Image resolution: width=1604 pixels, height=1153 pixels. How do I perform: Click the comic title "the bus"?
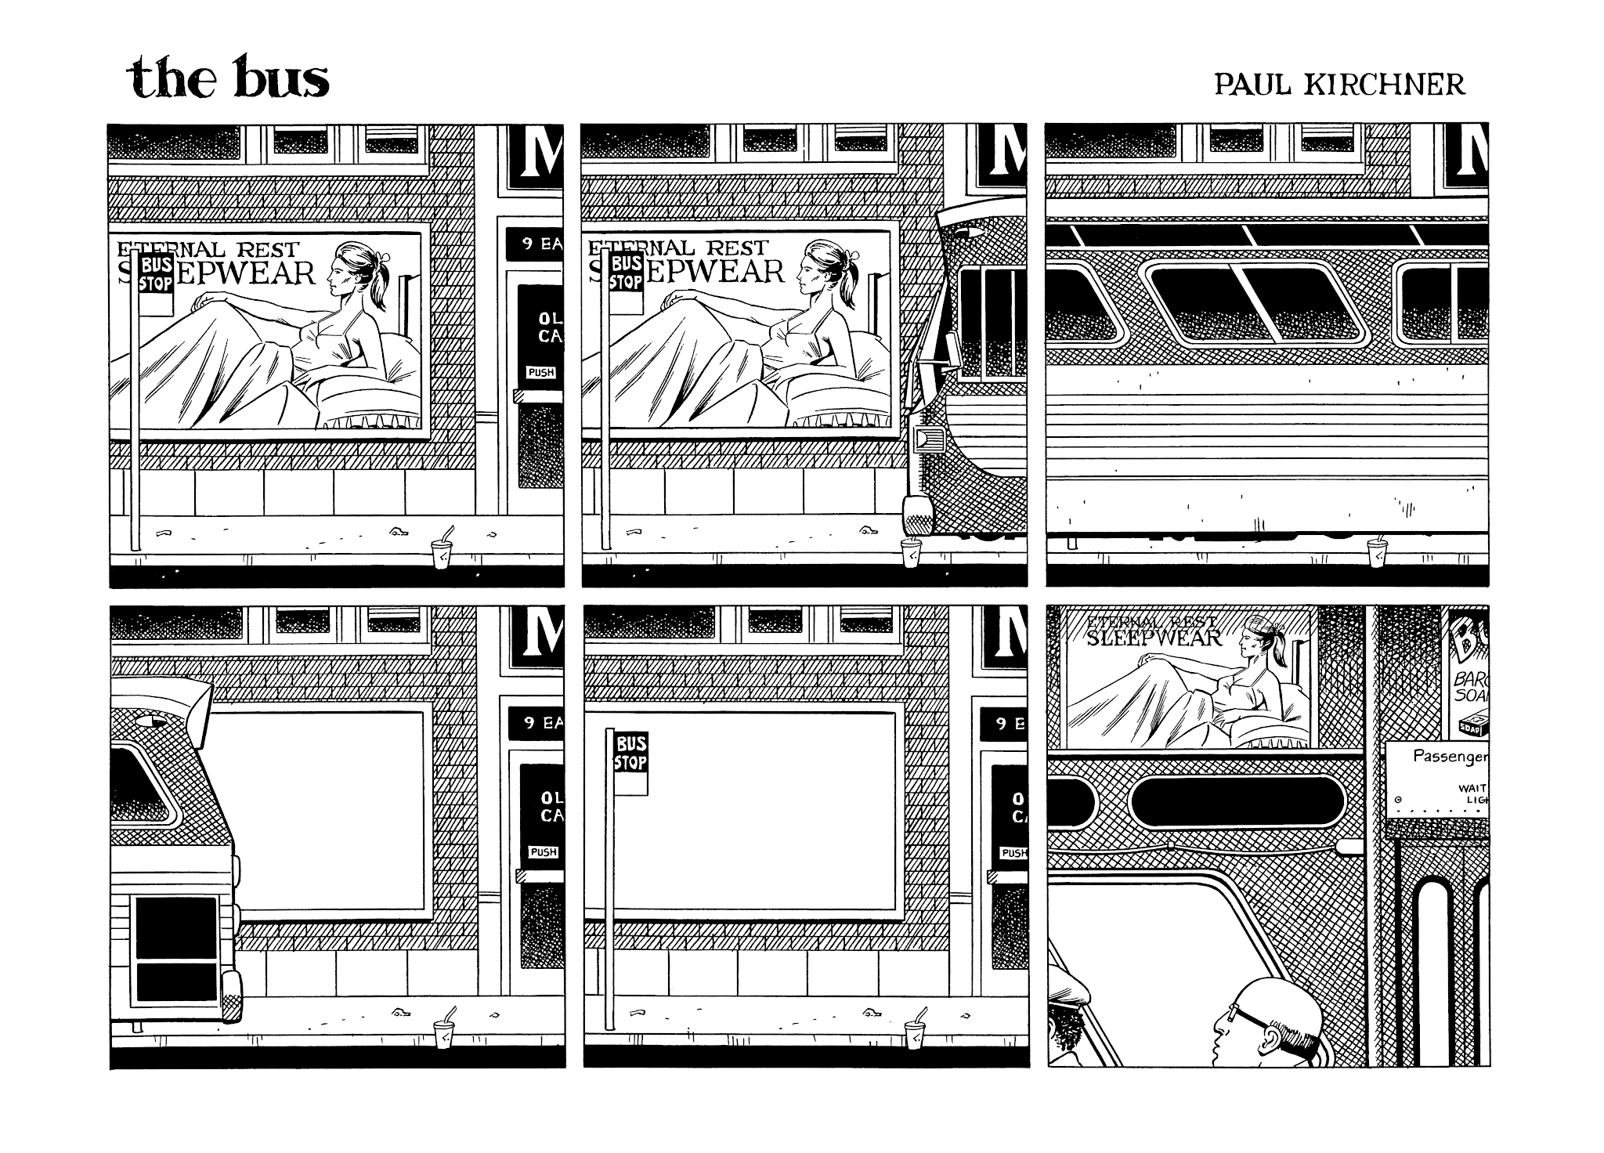click(227, 79)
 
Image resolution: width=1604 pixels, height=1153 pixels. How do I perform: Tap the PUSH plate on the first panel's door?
click(541, 372)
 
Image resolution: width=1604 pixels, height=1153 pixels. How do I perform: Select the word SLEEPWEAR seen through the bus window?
click(1154, 638)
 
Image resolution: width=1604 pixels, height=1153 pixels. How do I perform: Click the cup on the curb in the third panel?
click(1377, 552)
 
